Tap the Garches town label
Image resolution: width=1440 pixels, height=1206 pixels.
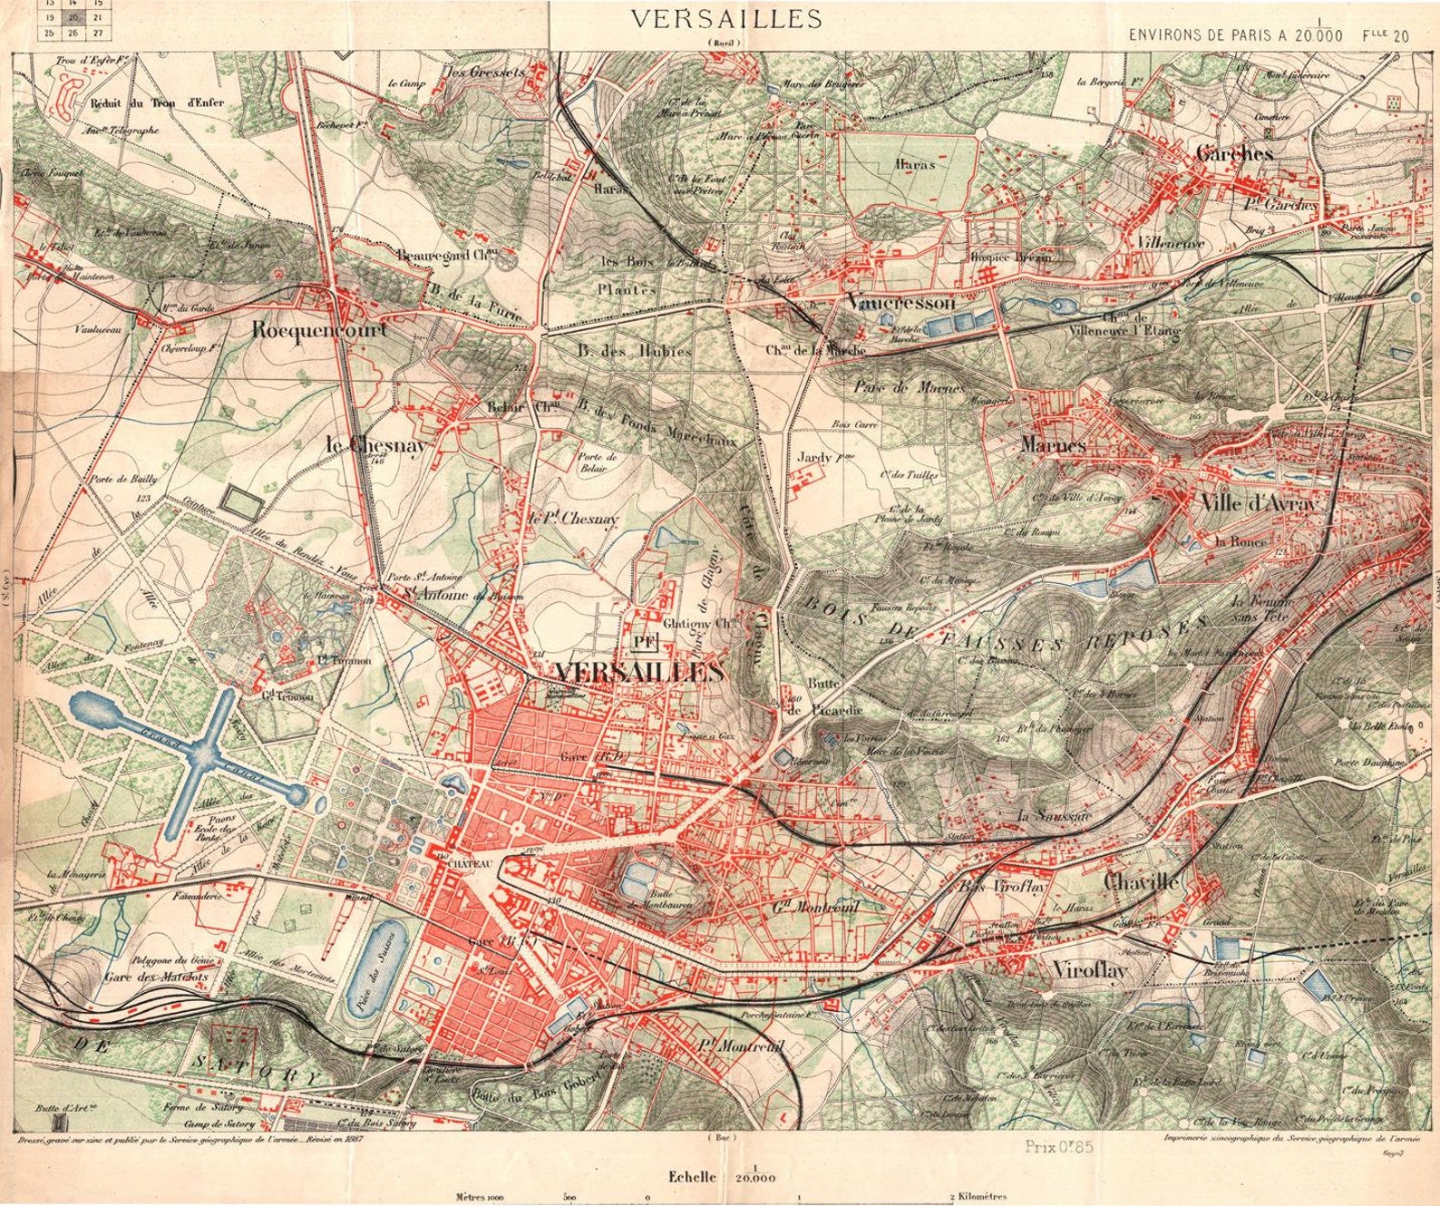(1234, 154)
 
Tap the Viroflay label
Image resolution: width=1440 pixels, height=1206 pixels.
(1090, 972)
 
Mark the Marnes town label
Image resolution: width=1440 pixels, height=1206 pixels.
(1053, 445)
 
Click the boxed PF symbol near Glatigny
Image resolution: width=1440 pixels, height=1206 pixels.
(645, 643)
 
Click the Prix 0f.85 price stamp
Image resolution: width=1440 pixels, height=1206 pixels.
(1060, 1146)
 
